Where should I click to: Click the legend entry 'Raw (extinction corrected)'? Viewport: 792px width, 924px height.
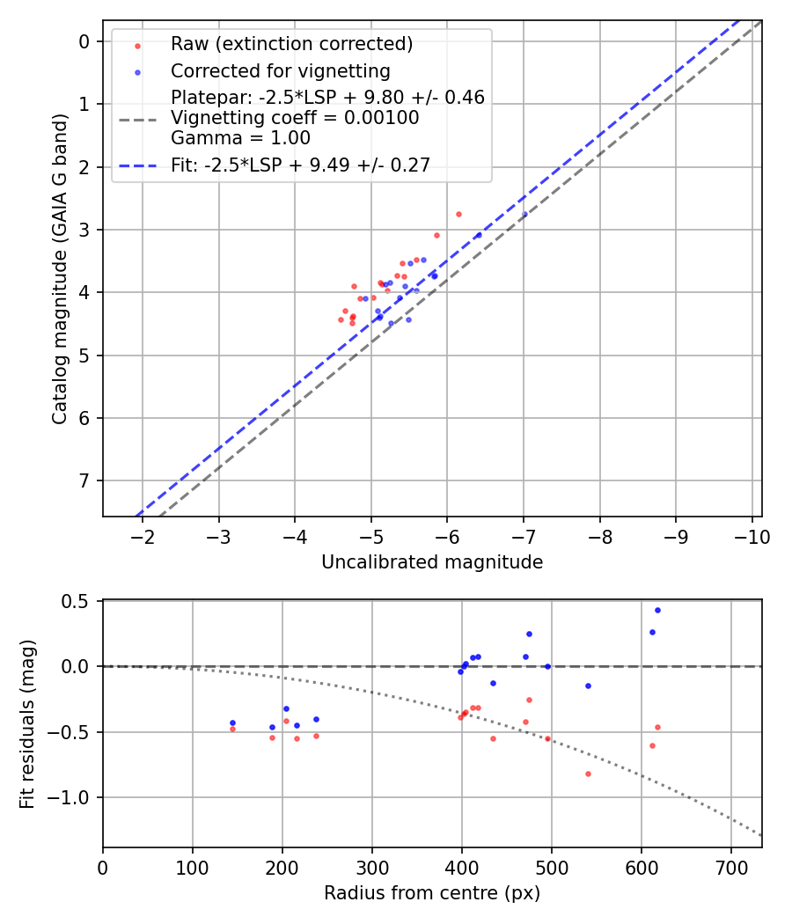point(291,44)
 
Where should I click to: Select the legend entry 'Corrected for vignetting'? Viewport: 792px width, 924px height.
point(280,70)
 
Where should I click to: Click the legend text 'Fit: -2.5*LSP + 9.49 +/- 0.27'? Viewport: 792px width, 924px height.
point(300,165)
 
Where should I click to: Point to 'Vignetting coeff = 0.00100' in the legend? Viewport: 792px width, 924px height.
point(295,117)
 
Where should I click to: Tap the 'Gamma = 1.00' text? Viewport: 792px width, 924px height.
point(240,137)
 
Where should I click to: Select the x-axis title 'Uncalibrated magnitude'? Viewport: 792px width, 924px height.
point(432,562)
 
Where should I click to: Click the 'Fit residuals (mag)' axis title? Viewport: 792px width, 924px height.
point(27,723)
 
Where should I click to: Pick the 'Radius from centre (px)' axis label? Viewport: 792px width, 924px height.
point(432,893)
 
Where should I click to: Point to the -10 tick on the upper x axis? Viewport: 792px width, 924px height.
point(752,537)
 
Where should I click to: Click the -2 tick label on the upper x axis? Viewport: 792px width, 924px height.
point(143,537)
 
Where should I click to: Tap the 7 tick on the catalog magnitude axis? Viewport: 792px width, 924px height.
point(84,480)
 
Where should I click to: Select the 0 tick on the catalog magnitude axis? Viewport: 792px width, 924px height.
point(84,41)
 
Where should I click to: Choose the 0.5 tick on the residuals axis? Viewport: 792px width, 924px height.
point(77,601)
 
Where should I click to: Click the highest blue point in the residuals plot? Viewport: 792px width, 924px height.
point(657,610)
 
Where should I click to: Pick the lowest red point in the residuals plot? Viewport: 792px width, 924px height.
point(588,774)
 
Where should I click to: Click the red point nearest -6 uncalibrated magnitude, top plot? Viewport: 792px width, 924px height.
point(458,214)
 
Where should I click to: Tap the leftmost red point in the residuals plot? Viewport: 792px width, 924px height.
point(232,729)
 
